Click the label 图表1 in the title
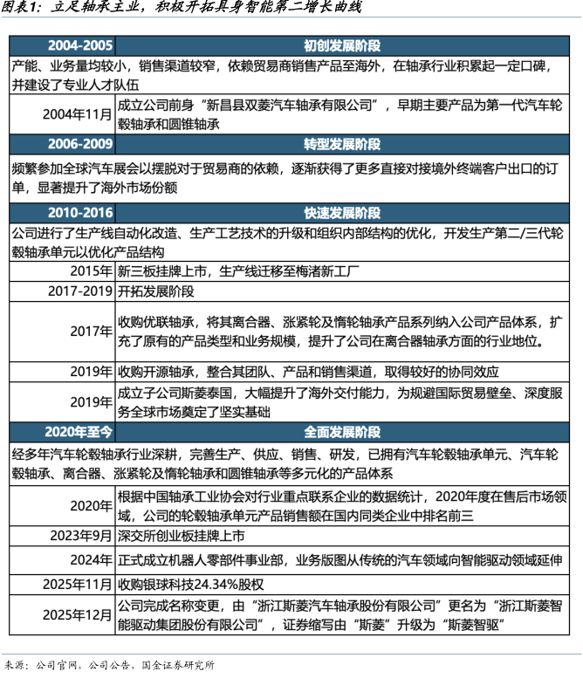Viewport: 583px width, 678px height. click(21, 9)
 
